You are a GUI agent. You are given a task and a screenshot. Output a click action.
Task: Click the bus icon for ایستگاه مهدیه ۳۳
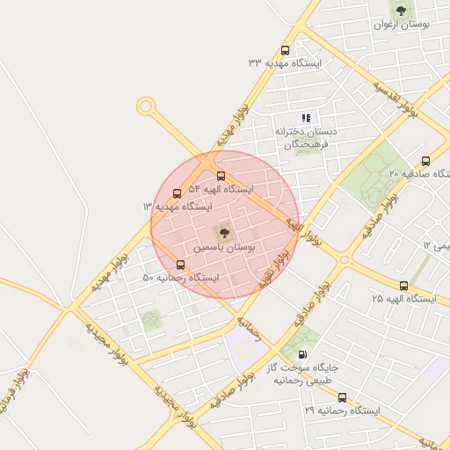284,50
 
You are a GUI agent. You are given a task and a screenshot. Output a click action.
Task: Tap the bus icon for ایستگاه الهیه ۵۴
220,176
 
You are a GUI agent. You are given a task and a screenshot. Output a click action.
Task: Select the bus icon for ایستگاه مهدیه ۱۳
178,193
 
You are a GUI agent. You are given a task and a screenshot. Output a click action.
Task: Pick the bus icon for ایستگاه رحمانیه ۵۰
180,264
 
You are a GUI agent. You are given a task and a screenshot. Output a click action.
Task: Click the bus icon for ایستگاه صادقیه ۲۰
426,161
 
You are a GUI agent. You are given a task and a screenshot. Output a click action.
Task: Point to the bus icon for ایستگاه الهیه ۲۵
403,286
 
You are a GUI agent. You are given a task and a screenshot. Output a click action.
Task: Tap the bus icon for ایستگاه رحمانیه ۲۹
342,397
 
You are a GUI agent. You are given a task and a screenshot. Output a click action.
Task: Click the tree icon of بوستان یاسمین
221,233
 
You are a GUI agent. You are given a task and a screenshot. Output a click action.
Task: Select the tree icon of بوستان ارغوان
401,11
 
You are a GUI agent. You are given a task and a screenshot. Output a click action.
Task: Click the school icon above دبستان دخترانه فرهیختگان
306,117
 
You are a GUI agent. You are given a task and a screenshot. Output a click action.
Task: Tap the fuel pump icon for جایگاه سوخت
303,354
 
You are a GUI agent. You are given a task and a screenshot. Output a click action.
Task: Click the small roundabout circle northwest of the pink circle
145,106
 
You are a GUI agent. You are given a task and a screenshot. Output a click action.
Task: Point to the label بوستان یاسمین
226,250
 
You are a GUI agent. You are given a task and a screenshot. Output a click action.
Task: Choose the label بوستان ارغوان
401,25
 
